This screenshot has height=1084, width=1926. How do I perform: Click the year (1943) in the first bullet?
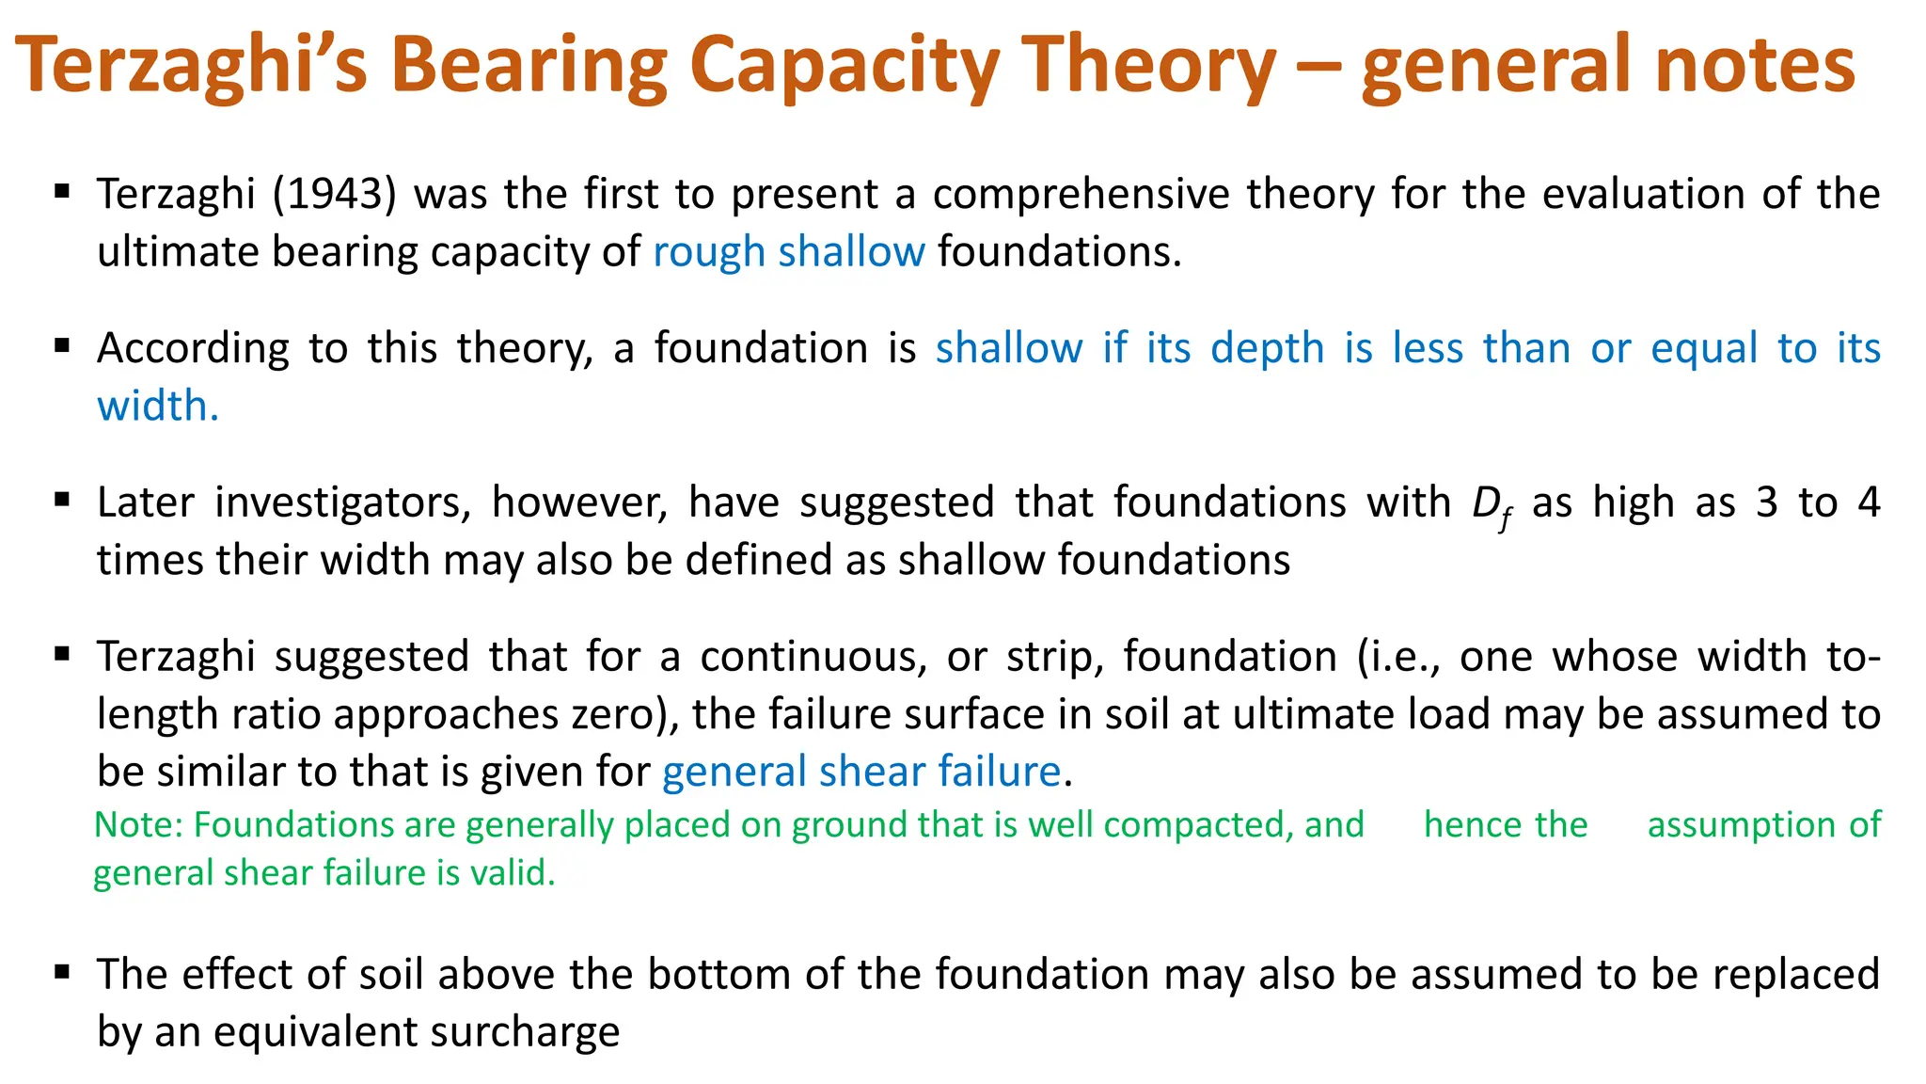tap(334, 195)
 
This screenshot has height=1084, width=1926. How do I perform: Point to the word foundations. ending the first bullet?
tap(1059, 252)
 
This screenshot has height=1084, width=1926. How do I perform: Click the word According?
tap(193, 349)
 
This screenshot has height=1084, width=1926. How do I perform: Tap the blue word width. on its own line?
tap(158, 406)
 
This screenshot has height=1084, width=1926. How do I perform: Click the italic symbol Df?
tap(1492, 506)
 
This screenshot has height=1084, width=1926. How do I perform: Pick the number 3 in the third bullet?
tap(1766, 502)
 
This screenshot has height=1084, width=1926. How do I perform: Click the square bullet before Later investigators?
tap(63, 500)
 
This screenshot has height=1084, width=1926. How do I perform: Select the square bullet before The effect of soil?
tap(63, 971)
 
